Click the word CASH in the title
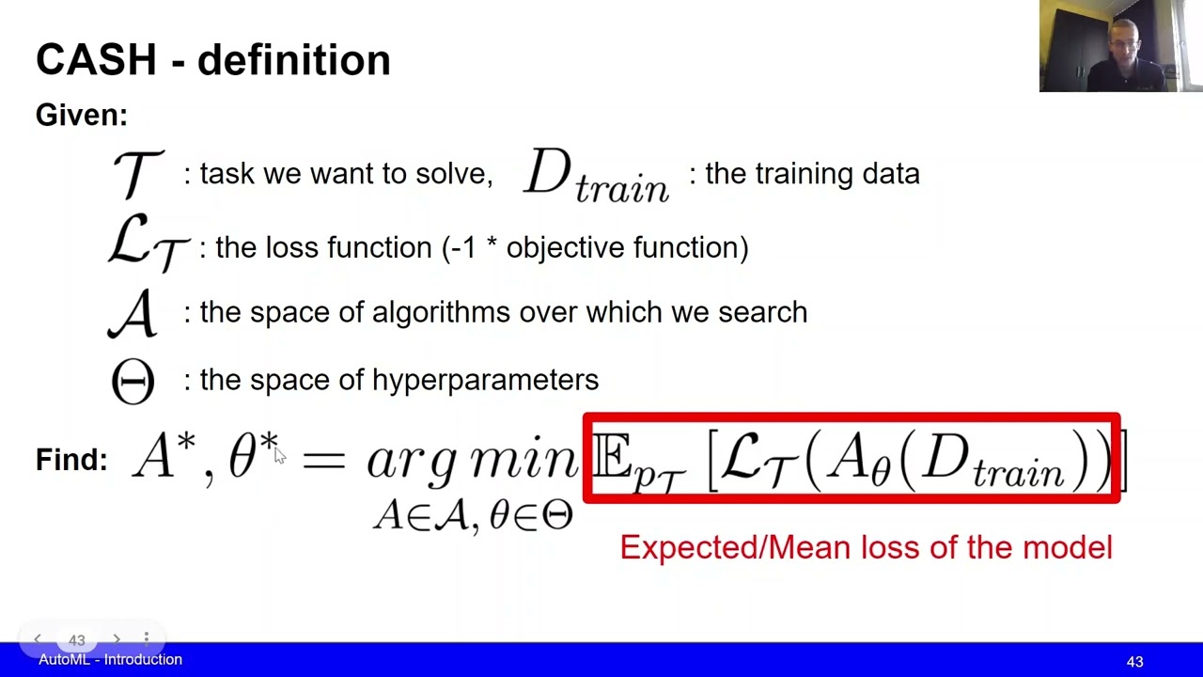96,60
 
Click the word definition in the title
293,60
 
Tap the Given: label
81,116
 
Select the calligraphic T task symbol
137,173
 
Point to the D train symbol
595,176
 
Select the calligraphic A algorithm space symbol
133,313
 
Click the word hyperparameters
485,381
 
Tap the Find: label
71,460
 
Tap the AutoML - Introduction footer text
110,660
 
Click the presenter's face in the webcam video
1124,42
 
